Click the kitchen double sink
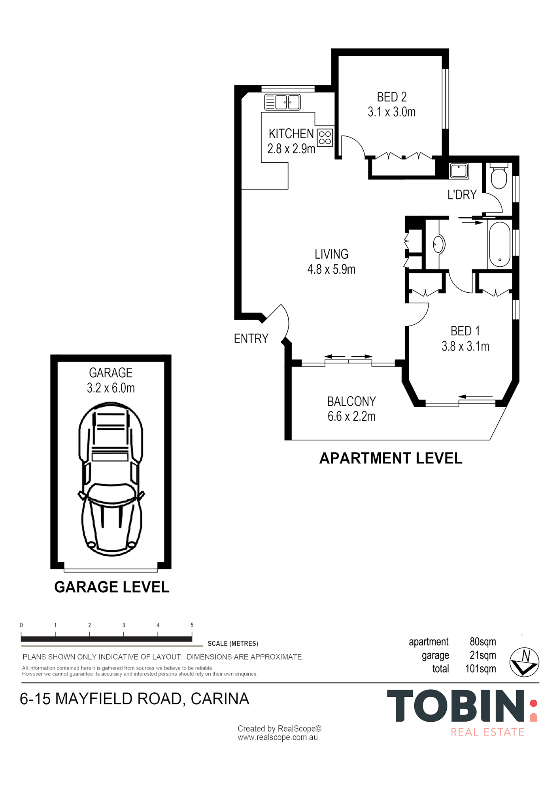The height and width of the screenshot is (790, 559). (x=282, y=102)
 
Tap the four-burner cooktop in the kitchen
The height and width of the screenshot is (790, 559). (x=325, y=137)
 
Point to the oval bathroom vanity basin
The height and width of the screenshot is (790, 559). (x=439, y=245)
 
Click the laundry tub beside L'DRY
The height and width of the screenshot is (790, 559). (x=459, y=171)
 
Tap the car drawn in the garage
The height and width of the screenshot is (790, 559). (x=111, y=479)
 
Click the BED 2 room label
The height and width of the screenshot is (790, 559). (x=392, y=97)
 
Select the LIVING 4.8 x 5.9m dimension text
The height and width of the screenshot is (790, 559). (x=331, y=269)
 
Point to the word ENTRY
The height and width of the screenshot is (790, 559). (x=251, y=339)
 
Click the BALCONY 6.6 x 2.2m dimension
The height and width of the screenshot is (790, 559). (x=351, y=416)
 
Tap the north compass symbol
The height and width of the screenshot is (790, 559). (x=524, y=662)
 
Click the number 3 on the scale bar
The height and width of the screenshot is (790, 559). (x=124, y=625)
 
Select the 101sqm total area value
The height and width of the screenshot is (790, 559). (x=480, y=669)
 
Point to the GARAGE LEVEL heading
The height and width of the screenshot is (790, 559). (x=112, y=587)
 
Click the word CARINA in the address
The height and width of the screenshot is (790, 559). (x=220, y=699)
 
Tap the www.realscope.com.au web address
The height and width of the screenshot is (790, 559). (x=278, y=737)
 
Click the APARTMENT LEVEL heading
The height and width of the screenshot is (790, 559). (x=391, y=458)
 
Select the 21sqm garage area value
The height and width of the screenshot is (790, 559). (x=483, y=655)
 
